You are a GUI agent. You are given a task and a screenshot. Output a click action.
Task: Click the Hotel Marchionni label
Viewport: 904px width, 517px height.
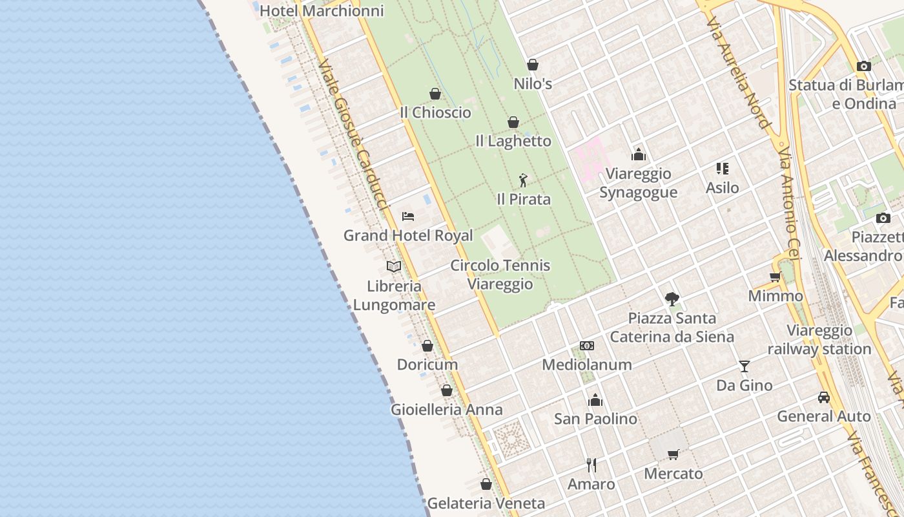click(322, 11)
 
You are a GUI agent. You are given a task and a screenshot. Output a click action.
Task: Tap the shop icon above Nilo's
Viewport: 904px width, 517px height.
click(533, 65)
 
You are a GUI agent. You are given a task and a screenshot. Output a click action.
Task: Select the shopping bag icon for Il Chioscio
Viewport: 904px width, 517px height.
click(435, 94)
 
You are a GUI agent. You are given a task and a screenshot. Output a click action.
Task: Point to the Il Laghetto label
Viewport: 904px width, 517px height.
click(513, 141)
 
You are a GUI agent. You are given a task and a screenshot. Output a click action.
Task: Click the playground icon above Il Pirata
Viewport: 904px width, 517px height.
click(523, 180)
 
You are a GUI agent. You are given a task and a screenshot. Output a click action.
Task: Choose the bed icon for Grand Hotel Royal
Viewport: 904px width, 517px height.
click(407, 216)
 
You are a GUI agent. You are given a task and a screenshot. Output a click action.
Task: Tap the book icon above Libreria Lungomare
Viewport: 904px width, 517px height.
click(394, 266)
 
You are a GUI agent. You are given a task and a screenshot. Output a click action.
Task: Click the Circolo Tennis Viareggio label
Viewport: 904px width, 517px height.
click(500, 275)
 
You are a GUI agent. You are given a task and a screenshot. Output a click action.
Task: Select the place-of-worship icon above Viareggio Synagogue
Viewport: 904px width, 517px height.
click(639, 154)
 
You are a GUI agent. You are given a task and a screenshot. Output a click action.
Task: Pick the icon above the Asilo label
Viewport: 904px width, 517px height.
click(722, 169)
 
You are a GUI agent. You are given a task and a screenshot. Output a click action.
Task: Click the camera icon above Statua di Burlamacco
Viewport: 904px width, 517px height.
click(863, 66)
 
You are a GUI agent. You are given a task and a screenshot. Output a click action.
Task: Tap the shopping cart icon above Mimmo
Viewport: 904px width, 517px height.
click(775, 277)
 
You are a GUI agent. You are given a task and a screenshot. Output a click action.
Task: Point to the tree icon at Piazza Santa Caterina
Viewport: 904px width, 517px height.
click(672, 299)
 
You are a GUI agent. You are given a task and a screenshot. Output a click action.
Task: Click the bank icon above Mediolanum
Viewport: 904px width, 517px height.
click(587, 346)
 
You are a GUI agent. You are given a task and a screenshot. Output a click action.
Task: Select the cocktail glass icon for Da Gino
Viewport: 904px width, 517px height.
click(745, 366)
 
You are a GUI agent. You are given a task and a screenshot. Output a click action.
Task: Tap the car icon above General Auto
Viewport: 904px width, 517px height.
click(823, 397)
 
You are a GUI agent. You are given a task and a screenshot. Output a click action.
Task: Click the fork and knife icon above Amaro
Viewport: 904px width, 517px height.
click(591, 465)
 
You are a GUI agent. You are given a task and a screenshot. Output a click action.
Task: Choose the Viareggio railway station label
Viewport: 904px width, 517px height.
click(819, 340)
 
